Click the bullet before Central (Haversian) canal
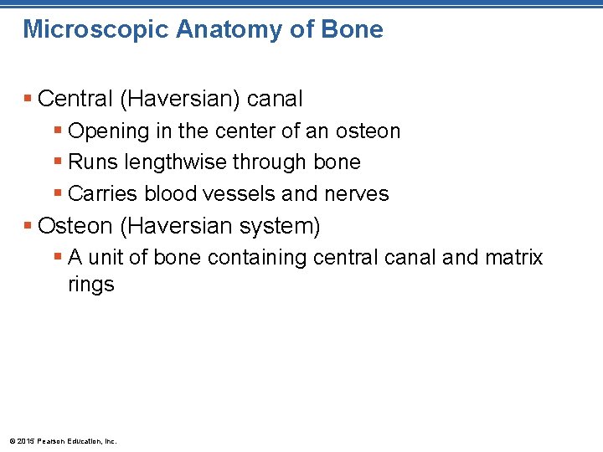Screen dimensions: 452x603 pos(28,100)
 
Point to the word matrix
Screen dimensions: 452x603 pos(513,258)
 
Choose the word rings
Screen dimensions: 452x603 pos(90,285)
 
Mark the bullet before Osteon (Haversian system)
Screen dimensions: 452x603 pos(28,226)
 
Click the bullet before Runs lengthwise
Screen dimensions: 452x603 pos(57,162)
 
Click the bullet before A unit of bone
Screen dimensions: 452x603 pos(57,258)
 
